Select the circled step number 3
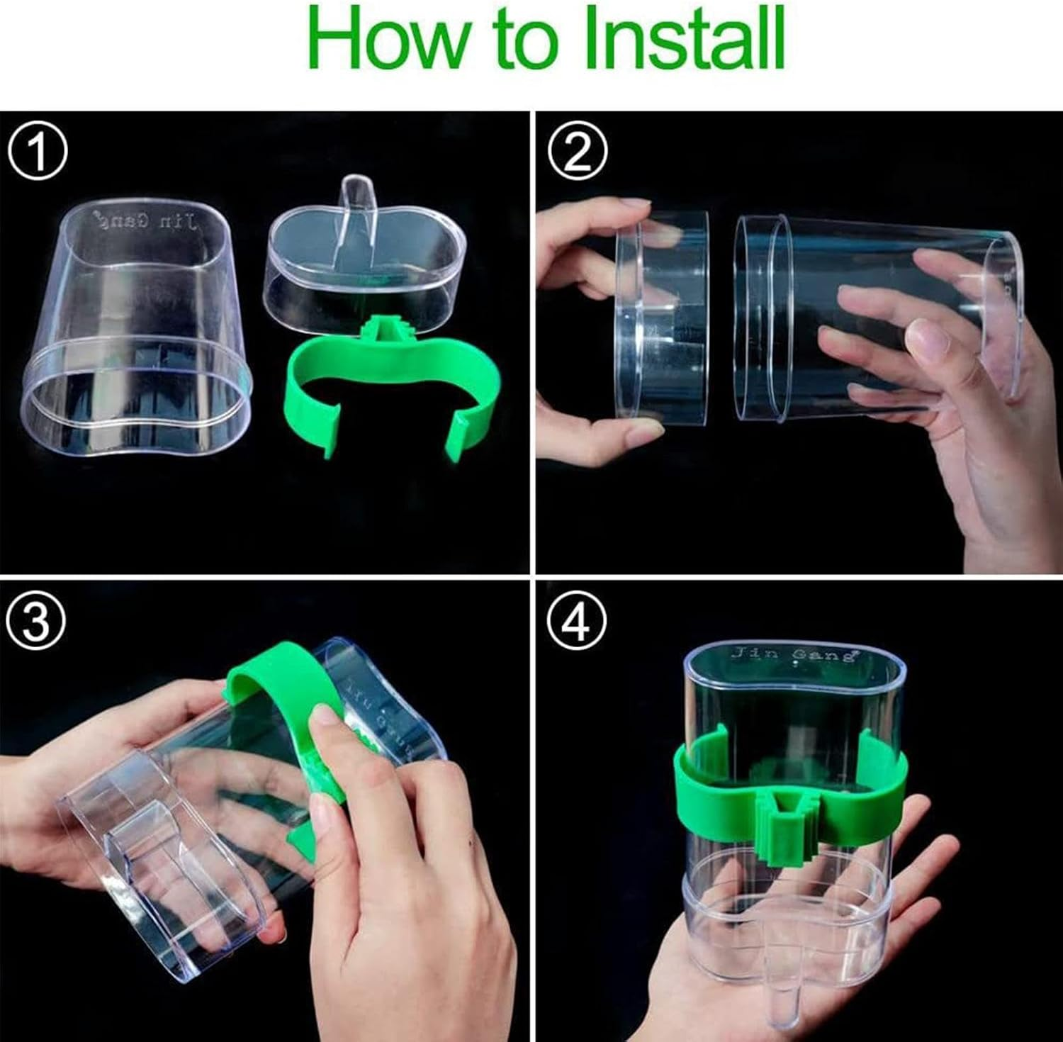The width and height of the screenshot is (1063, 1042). [x=37, y=622]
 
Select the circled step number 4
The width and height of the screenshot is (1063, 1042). [x=578, y=622]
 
